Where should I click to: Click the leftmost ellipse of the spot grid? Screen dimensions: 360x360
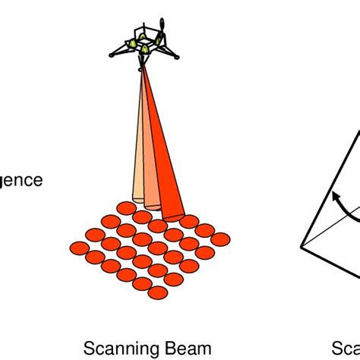coord(79,248)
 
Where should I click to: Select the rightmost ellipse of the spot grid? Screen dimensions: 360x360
coord(220,239)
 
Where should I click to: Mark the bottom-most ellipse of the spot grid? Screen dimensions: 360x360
coord(157,292)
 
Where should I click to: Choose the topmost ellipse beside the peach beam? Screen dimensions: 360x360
coord(127,207)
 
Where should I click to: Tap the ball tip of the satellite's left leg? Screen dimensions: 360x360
coord(112,55)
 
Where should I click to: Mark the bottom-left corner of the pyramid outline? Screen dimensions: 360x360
coord(303,248)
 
